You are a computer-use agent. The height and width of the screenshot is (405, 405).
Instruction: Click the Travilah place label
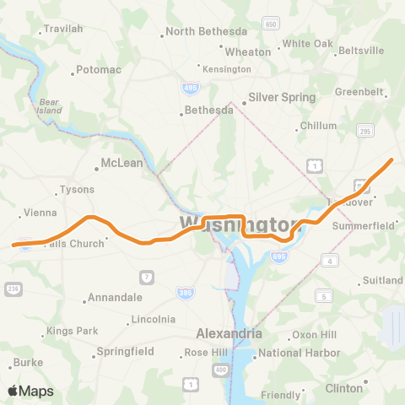[x=63, y=29]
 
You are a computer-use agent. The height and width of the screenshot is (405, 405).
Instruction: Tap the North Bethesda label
[x=202, y=32]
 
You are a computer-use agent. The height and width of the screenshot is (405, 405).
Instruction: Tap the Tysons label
[x=78, y=190]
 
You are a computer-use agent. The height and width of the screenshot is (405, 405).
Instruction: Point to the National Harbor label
[x=298, y=354]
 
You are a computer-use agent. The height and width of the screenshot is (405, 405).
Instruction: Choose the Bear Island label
[x=51, y=106]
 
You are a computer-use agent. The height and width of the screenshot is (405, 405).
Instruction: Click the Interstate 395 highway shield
[x=183, y=291]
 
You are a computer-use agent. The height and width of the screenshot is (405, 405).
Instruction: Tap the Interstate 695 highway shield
[x=279, y=256]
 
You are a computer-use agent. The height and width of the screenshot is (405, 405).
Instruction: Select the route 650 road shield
[x=270, y=24]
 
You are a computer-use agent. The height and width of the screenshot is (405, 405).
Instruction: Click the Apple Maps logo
[x=30, y=391]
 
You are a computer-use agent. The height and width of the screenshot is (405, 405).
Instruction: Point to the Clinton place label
[x=343, y=388]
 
